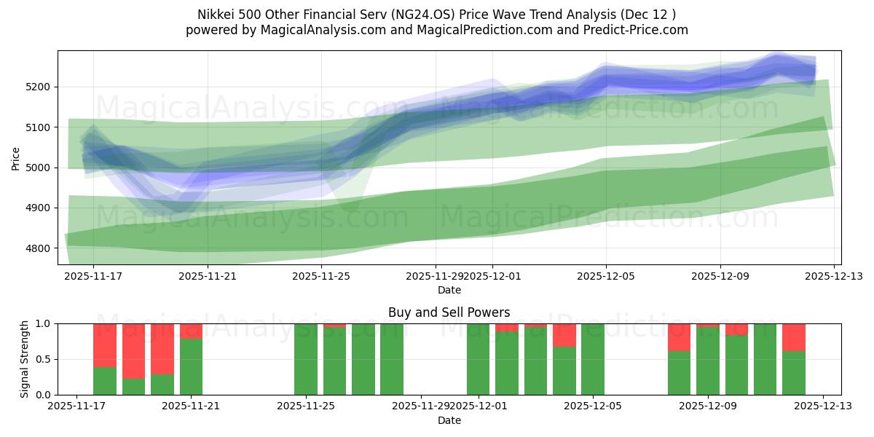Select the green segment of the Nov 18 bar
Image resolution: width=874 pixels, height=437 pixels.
pyautogui.click(x=105, y=381)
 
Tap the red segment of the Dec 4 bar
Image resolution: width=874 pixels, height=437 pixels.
pyautogui.click(x=564, y=335)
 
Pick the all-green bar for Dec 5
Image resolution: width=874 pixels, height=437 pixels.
pyautogui.click(x=593, y=359)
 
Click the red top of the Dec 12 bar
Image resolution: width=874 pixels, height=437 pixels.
pyautogui.click(x=793, y=337)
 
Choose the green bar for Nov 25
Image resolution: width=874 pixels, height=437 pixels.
pyautogui.click(x=306, y=359)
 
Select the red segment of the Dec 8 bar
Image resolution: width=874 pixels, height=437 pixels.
pyautogui.click(x=679, y=337)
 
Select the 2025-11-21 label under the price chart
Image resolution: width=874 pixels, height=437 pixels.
pyautogui.click(x=208, y=277)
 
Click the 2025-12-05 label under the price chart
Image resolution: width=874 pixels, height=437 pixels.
pyautogui.click(x=606, y=277)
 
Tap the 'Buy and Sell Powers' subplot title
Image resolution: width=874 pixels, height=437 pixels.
pyautogui.click(x=449, y=312)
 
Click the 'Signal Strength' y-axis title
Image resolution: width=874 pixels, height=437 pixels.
pyautogui.click(x=25, y=359)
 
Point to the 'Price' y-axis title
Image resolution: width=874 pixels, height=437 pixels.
pyautogui.click(x=15, y=157)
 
